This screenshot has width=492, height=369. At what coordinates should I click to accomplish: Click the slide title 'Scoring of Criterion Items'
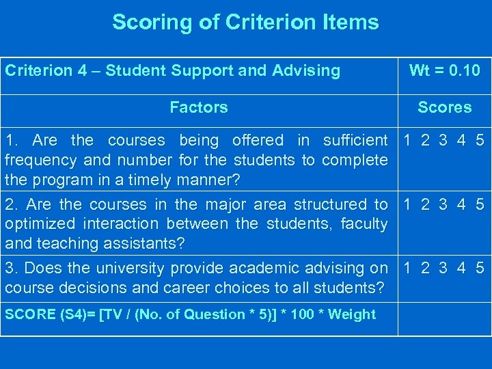pos(245,23)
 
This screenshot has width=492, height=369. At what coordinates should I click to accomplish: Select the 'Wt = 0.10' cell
pos(444,70)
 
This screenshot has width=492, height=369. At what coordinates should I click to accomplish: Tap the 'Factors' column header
pos(198,107)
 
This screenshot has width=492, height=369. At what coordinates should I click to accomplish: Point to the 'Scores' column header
pos(444,107)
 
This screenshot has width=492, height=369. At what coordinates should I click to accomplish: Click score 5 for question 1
pos(480,141)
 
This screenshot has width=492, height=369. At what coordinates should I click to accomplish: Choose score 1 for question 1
pos(408,141)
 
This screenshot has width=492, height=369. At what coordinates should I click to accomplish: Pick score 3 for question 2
pos(444,204)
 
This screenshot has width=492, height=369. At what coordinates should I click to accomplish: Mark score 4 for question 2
pos(462,204)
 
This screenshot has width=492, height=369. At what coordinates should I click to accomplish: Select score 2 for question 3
pos(426,269)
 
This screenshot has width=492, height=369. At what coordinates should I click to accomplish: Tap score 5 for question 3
pos(480,269)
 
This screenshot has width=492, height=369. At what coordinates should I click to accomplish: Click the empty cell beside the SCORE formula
pos(444,316)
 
